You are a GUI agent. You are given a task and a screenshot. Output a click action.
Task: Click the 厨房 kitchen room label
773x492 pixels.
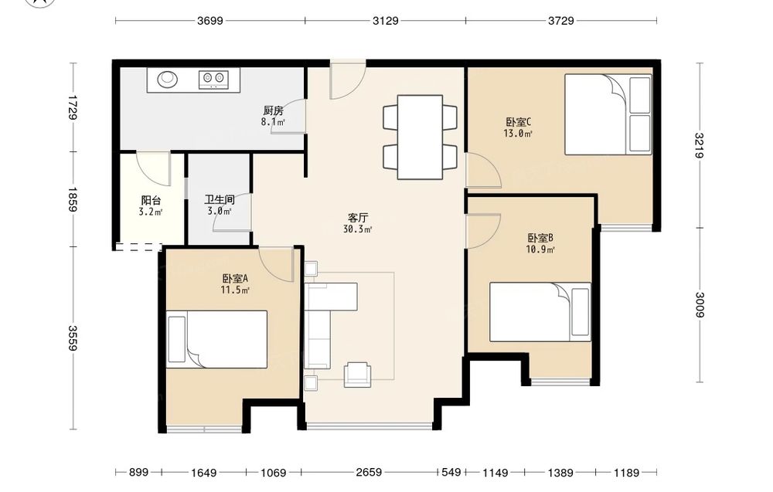click(x=273, y=110)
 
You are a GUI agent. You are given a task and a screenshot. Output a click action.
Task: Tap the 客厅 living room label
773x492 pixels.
click(x=358, y=218)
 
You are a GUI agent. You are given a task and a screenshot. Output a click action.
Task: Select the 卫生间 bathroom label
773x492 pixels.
click(x=220, y=200)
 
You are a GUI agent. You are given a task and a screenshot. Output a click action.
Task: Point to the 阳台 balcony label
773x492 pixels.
click(x=151, y=201)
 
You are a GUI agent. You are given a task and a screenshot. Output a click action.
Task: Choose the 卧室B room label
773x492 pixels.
click(x=540, y=238)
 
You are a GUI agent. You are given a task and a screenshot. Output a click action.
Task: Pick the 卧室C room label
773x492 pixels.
click(x=518, y=121)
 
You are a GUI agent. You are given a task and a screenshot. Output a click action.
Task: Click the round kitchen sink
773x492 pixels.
click(x=168, y=79)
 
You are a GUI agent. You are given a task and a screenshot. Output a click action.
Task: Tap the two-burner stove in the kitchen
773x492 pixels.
click(x=213, y=80)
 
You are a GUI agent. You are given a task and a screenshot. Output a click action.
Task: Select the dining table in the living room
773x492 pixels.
click(x=420, y=137)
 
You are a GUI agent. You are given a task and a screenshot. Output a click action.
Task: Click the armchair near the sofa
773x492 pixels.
click(x=357, y=374)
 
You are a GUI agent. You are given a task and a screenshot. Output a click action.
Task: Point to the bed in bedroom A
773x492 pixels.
click(x=217, y=339)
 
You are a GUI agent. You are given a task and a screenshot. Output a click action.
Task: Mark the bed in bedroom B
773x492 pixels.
click(x=540, y=312)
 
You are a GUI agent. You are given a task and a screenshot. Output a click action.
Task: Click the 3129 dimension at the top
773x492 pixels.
click(x=386, y=21)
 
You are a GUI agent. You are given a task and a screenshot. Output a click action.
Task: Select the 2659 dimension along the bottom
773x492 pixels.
click(x=369, y=472)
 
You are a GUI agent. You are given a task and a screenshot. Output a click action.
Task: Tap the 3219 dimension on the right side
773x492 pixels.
click(x=700, y=145)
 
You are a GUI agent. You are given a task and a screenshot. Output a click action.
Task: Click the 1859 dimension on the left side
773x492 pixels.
click(x=72, y=199)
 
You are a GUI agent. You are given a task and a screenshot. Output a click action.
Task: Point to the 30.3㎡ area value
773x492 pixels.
click(x=358, y=229)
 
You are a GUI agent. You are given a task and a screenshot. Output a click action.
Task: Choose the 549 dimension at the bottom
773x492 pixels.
click(x=451, y=472)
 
